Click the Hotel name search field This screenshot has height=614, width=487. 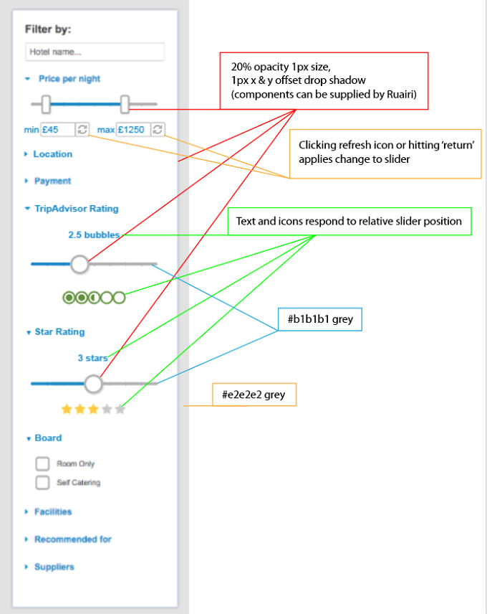pyautogui.click(x=95, y=52)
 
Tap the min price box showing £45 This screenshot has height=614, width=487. pyautogui.click(x=57, y=129)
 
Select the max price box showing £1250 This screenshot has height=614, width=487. pyautogui.click(x=133, y=129)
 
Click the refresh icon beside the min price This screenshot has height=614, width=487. pyautogui.click(x=82, y=129)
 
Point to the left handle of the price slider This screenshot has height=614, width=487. pyautogui.click(x=46, y=104)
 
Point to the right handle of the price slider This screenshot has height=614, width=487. pyautogui.click(x=125, y=104)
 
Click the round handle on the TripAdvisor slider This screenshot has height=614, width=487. pyautogui.click(x=79, y=264)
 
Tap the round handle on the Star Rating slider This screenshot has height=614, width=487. pyautogui.click(x=93, y=384)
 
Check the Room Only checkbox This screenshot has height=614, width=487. pyautogui.click(x=42, y=463)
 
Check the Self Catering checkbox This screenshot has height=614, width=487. pyautogui.click(x=42, y=483)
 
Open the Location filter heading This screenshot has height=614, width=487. pyautogui.click(x=53, y=154)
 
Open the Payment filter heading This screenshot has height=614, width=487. pyautogui.click(x=53, y=181)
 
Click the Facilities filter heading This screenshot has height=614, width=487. pyautogui.click(x=53, y=512)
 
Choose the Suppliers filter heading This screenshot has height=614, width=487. pyautogui.click(x=54, y=567)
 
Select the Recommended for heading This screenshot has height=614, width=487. pyautogui.click(x=73, y=539)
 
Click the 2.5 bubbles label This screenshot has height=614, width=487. pyautogui.click(x=94, y=235)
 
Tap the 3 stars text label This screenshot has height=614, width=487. pyautogui.click(x=92, y=358)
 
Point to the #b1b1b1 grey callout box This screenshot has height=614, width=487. pyautogui.click(x=320, y=319)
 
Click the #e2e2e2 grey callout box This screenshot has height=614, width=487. pyautogui.click(x=254, y=395)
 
